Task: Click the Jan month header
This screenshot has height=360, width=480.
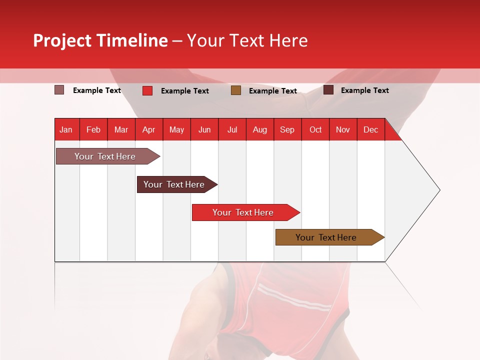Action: (66, 129)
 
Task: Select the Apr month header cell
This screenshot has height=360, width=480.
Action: (148, 129)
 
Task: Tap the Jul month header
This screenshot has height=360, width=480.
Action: (232, 129)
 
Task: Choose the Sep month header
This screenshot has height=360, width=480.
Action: (287, 129)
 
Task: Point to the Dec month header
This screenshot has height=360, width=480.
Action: (370, 129)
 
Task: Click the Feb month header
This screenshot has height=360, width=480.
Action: (93, 129)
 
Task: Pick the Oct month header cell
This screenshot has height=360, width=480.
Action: (315, 129)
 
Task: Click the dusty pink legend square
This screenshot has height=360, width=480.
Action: (59, 90)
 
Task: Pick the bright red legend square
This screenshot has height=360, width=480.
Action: (147, 90)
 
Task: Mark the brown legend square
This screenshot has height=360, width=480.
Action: (236, 90)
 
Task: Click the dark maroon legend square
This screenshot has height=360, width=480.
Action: (328, 90)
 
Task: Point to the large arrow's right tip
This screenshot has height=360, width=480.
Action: (439, 190)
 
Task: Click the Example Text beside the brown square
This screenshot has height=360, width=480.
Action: (273, 90)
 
